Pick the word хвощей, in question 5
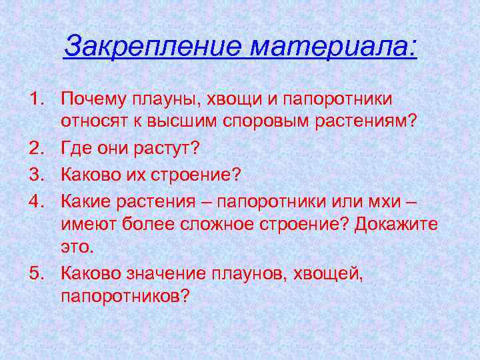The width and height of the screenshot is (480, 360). [331, 272]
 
